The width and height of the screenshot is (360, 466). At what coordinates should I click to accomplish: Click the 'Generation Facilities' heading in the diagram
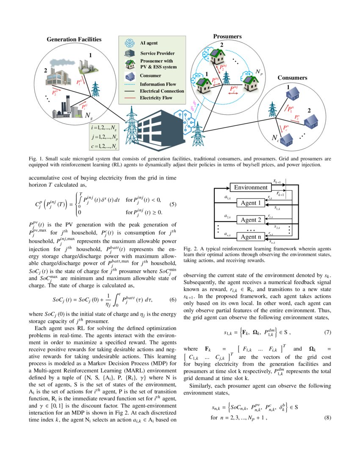click(74, 39)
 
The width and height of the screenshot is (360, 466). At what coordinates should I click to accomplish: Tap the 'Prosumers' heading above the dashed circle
click(227, 37)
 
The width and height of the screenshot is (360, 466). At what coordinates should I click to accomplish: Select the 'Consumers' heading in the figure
click(292, 78)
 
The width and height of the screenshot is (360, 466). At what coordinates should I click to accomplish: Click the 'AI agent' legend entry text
click(149, 43)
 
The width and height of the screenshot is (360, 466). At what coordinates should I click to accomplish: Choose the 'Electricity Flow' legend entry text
click(158, 98)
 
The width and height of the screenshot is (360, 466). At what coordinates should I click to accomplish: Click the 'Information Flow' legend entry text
click(158, 84)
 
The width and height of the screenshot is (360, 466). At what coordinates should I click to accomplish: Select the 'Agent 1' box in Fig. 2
click(251, 203)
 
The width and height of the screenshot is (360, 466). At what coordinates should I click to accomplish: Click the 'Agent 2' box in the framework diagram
click(251, 220)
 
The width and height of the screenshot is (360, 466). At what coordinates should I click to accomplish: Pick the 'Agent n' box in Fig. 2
click(251, 236)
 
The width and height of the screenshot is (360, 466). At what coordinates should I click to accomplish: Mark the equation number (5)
click(172, 204)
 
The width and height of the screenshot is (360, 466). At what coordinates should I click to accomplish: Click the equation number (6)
click(172, 300)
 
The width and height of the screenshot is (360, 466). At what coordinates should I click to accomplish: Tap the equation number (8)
click(327, 418)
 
